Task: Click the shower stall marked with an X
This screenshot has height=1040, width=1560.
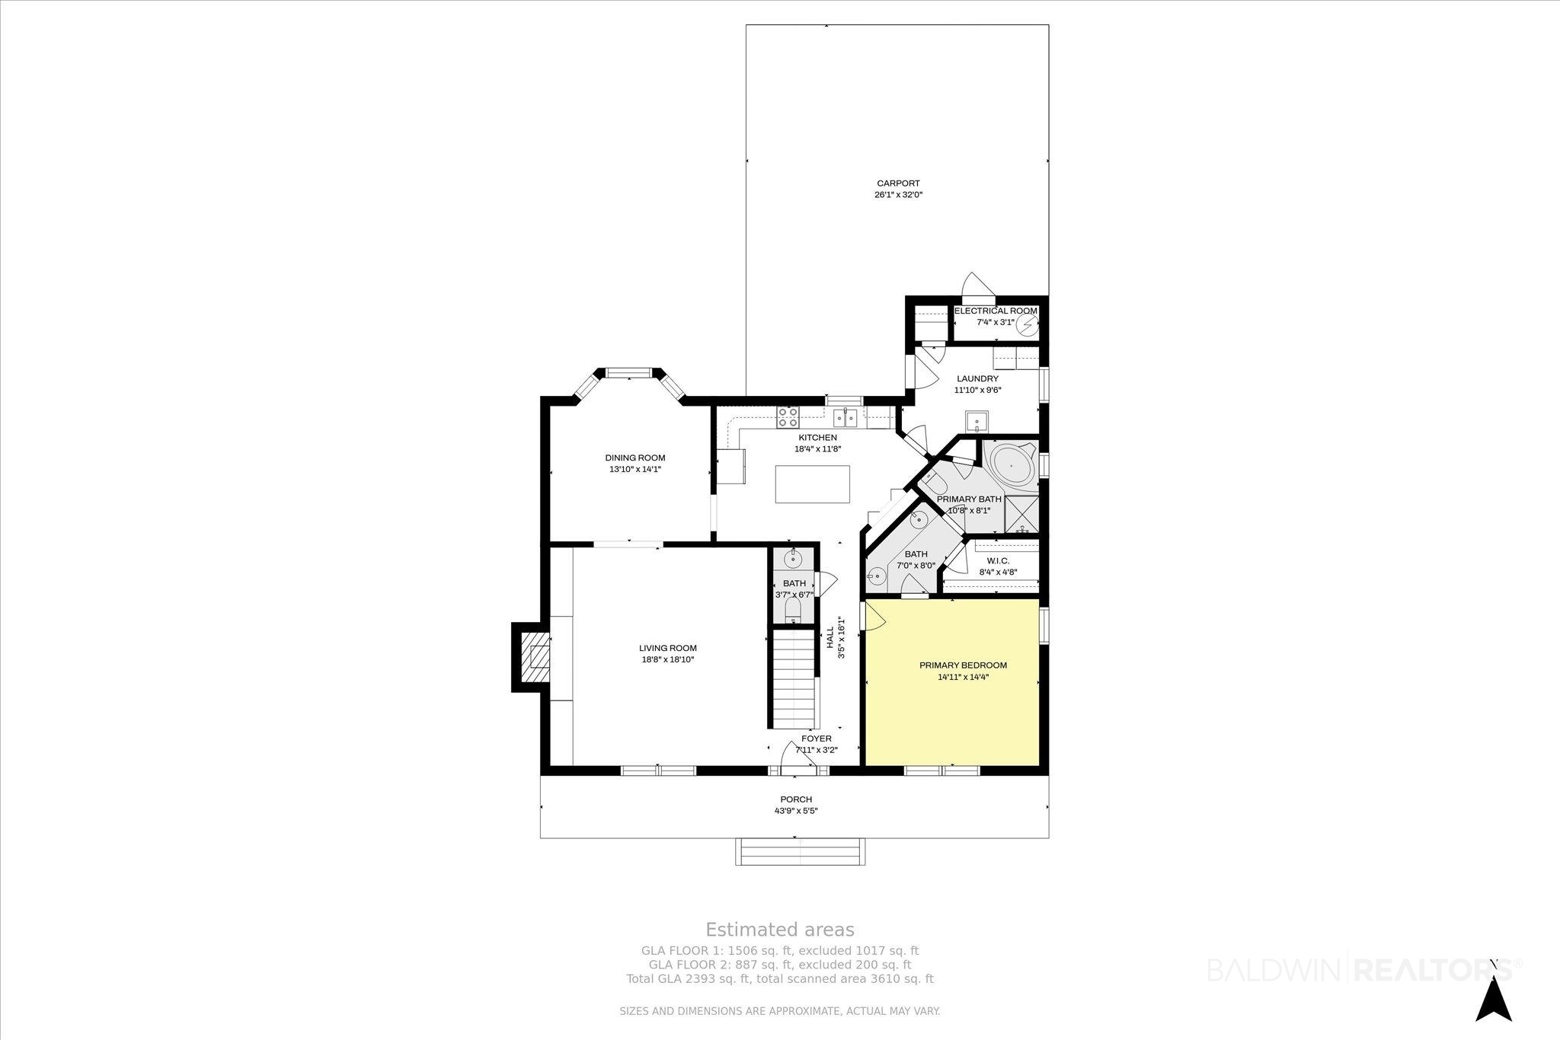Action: (x=1022, y=514)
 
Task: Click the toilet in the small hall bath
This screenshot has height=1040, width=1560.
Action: (x=793, y=609)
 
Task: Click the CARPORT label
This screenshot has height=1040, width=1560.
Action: (x=898, y=183)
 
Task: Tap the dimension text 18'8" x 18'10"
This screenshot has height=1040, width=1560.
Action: (x=668, y=660)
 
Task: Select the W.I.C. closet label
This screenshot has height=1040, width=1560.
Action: (x=997, y=560)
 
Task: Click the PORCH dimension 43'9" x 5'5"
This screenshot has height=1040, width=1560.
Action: (x=796, y=811)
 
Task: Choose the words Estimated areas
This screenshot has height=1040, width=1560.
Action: (x=780, y=930)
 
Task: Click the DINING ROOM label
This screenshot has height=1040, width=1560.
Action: (x=635, y=458)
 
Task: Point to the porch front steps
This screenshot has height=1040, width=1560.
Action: (x=801, y=851)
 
